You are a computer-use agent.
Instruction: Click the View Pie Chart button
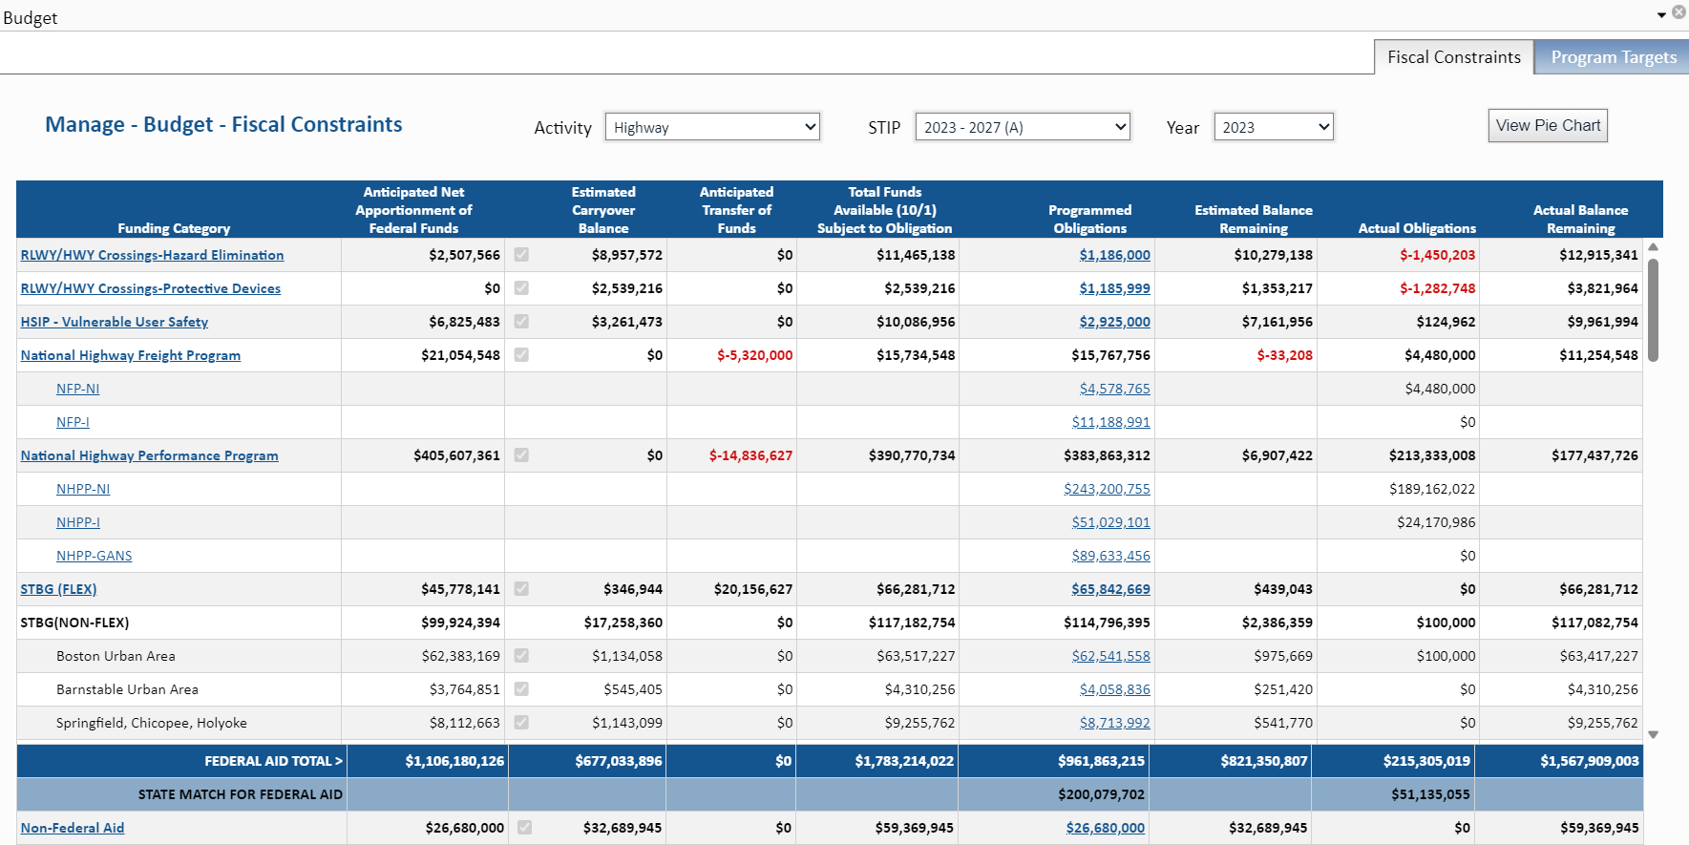tap(1547, 126)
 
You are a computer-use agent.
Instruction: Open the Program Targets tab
tap(1613, 57)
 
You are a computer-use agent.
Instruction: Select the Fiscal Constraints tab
tap(1453, 57)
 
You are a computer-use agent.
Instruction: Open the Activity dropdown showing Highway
tap(712, 127)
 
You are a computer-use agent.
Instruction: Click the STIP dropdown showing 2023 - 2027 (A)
tap(1022, 127)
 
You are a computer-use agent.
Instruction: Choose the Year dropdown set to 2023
tap(1273, 127)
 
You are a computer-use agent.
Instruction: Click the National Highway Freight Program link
tap(131, 355)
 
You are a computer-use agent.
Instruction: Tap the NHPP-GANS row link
tap(94, 556)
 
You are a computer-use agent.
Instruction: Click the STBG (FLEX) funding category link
tap(58, 589)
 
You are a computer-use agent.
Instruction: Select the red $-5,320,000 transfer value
tap(754, 355)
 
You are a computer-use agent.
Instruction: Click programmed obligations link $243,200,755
tap(1107, 489)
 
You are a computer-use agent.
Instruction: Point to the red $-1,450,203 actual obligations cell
tap(1437, 255)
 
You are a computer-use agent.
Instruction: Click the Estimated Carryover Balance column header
tap(602, 210)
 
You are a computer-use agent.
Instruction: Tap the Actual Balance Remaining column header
tap(1580, 219)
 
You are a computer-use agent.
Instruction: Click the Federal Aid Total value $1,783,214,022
tap(903, 761)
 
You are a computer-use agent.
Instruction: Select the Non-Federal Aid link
tap(73, 828)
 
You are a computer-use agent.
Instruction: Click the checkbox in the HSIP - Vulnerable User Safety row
tap(521, 322)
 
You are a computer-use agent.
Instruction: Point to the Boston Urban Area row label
tap(116, 656)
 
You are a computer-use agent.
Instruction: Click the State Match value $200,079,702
tap(1100, 794)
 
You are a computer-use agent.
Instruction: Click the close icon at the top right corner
tap(1678, 12)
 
